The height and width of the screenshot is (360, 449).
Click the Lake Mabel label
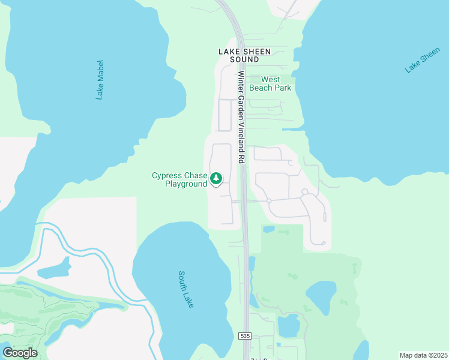point(100,79)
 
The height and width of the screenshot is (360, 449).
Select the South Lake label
point(186,290)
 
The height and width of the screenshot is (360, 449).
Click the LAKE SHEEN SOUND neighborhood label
point(244,56)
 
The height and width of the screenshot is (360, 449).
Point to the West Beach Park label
point(270,83)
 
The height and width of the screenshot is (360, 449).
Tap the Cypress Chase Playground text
point(179,179)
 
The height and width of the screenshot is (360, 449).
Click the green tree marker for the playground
point(216,178)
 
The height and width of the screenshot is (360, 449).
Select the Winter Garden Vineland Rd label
point(241,118)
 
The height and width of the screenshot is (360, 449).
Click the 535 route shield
point(244,335)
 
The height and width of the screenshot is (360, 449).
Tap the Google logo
point(19,353)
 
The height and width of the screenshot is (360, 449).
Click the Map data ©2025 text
point(423,355)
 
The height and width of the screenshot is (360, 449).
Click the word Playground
point(185,184)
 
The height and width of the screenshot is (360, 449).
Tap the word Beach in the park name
point(262,88)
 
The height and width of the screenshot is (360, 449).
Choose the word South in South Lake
point(183,281)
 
